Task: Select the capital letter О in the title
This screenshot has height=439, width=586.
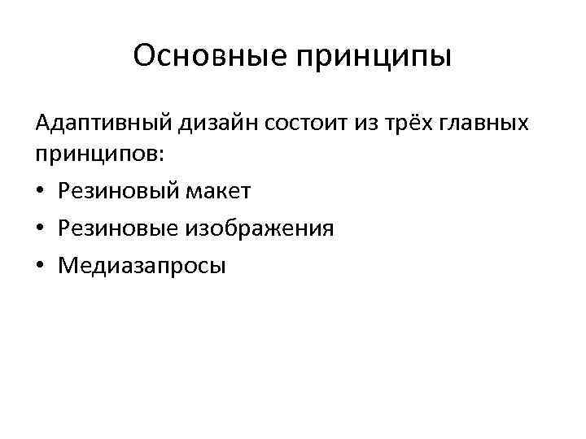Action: click(x=144, y=56)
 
